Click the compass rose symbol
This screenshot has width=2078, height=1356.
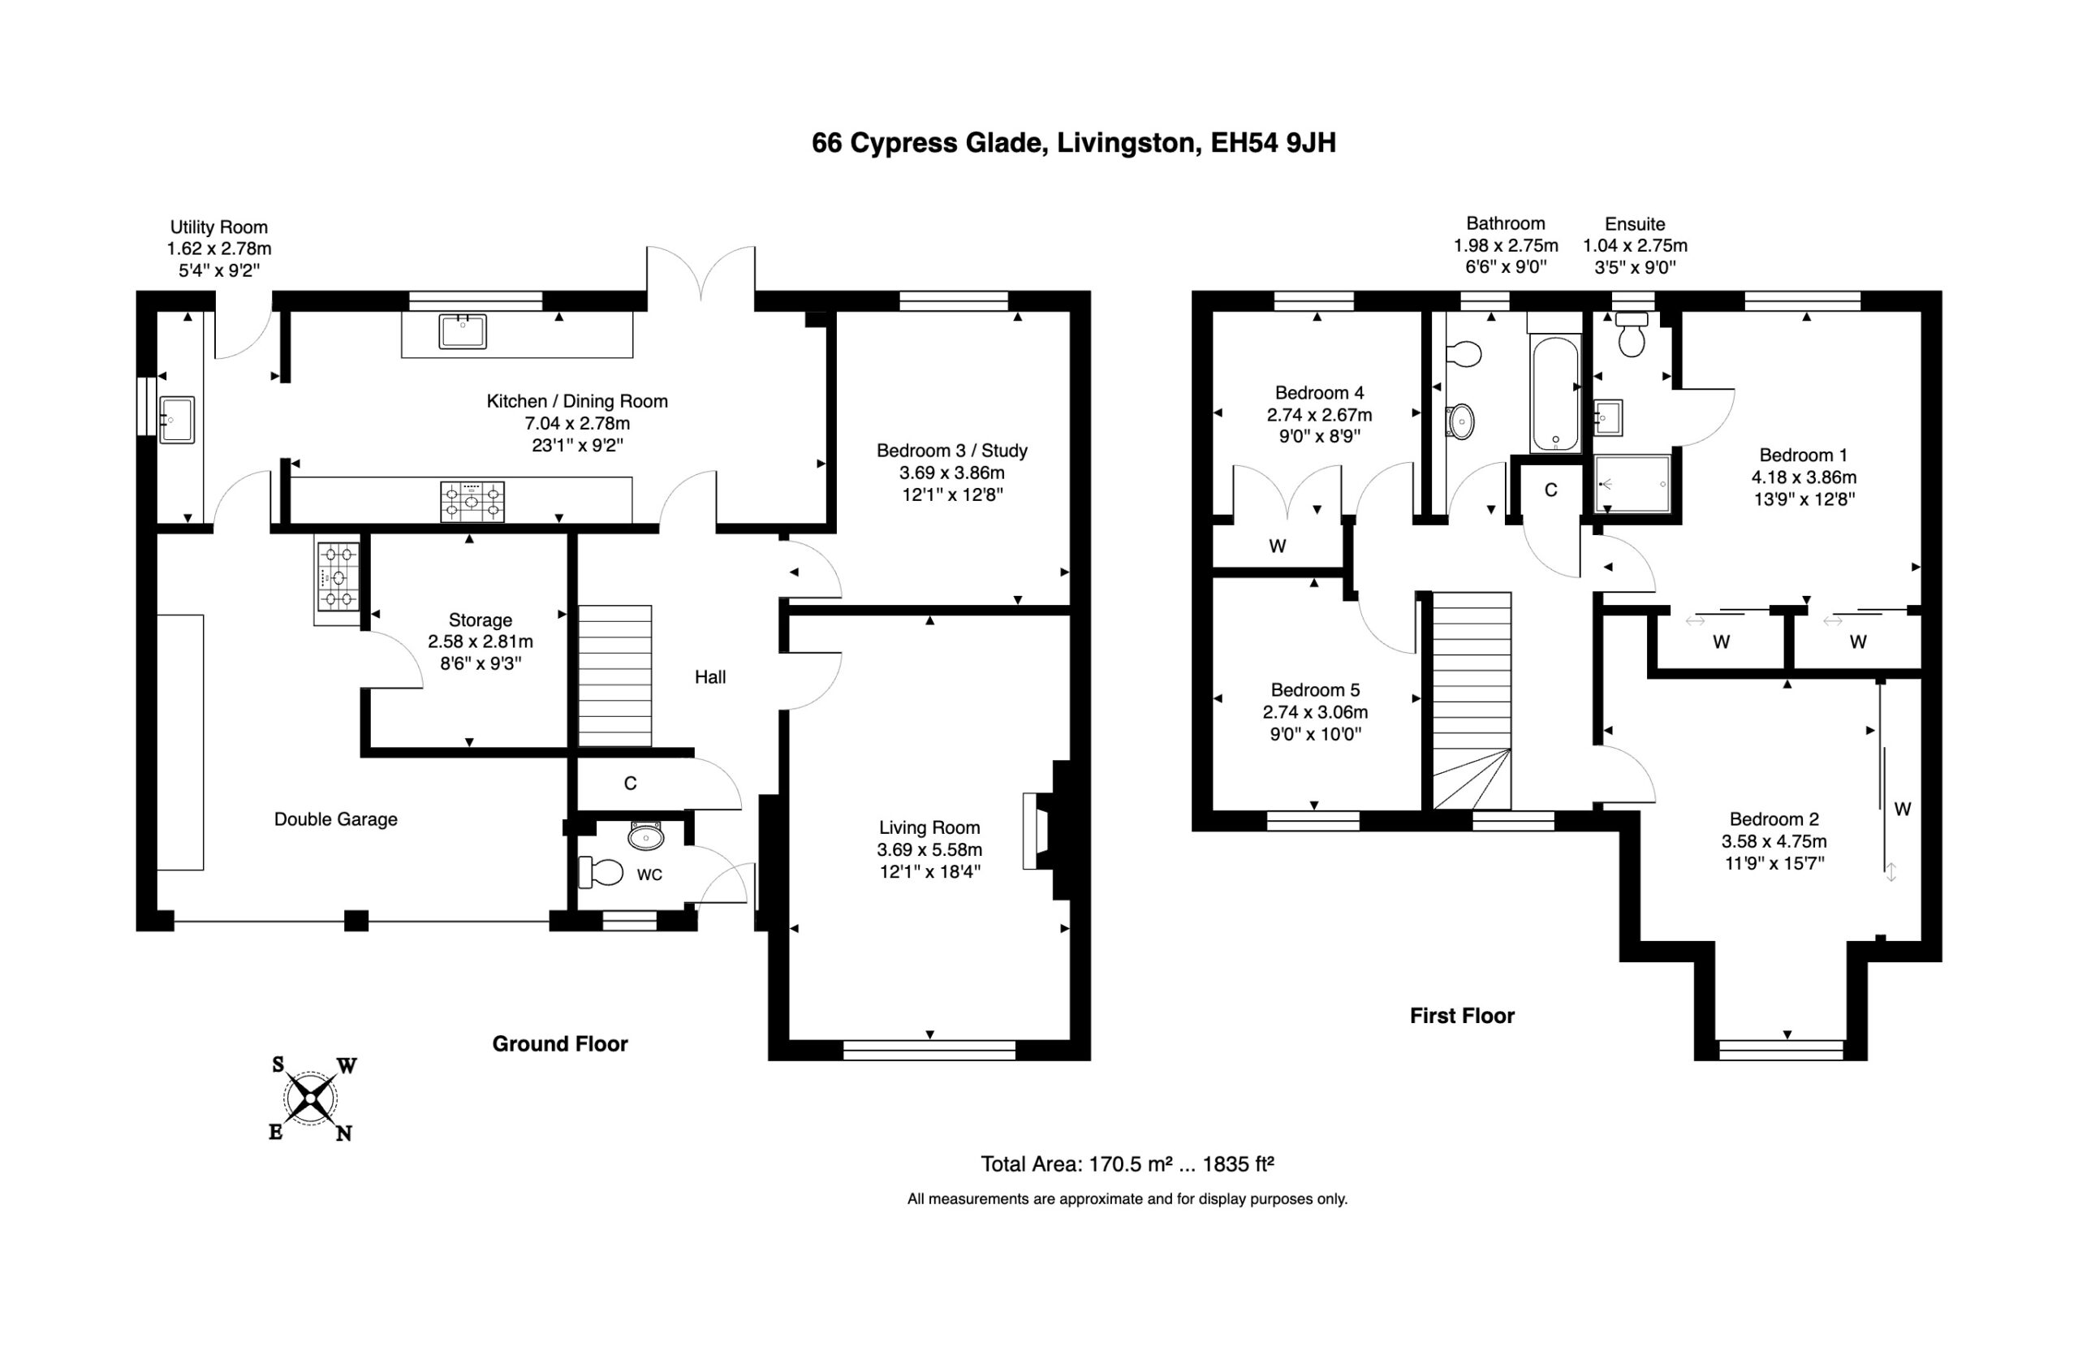click(312, 1099)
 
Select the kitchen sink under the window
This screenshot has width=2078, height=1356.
click(463, 332)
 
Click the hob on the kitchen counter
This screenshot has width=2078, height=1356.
click(472, 501)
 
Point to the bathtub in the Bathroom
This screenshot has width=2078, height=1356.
click(1555, 394)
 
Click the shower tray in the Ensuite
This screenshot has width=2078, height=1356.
click(1632, 483)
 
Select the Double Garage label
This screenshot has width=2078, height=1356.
click(336, 819)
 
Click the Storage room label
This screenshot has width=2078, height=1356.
click(481, 620)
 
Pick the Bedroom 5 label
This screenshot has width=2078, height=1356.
click(1315, 690)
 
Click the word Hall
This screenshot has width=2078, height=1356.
click(709, 676)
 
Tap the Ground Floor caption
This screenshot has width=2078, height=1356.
click(559, 1043)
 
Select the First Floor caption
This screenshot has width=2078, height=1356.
click(1462, 1016)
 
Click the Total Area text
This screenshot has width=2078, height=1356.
click(1127, 1164)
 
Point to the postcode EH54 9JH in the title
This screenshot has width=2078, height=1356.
click(1273, 142)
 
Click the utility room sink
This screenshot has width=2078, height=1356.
click(176, 420)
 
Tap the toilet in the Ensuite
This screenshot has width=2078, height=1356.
click(1631, 335)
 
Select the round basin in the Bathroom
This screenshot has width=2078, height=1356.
click(1461, 421)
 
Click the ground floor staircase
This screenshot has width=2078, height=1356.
click(615, 676)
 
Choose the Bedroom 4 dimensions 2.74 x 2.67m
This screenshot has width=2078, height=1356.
click(1319, 415)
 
